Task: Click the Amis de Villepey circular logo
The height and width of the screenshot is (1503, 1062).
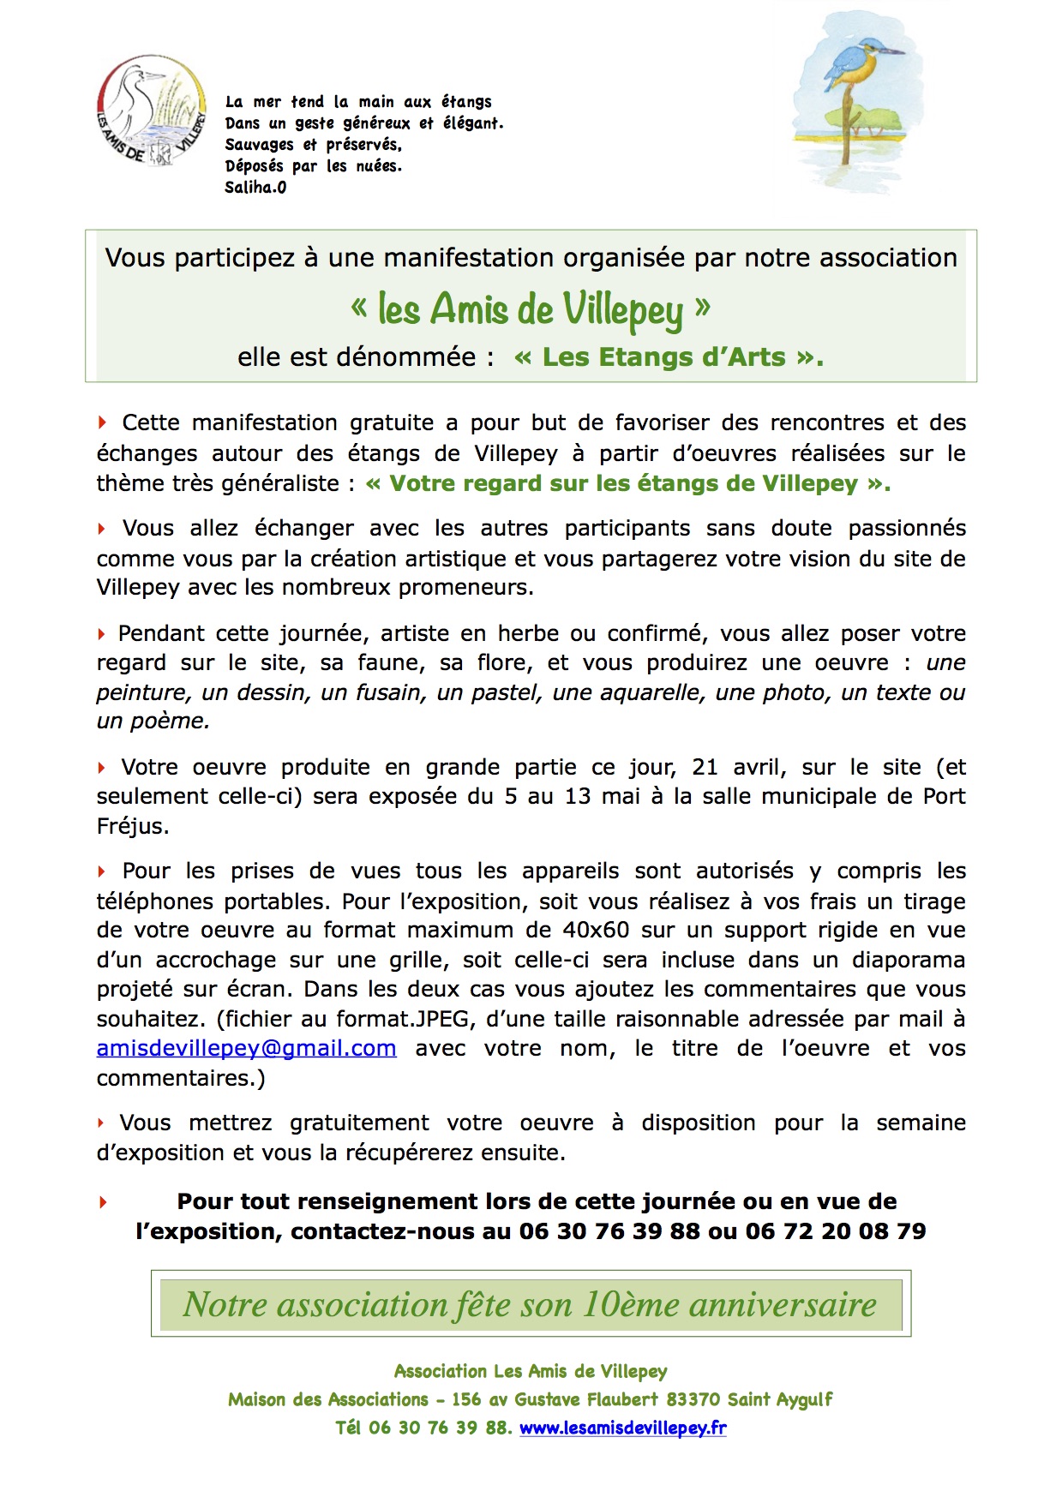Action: (152, 111)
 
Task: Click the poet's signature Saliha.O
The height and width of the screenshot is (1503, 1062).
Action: (255, 188)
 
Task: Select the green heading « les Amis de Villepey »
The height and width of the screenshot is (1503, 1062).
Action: (531, 309)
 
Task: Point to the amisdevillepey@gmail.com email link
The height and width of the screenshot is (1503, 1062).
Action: (246, 1048)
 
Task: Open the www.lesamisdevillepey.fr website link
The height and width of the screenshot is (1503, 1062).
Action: (623, 1428)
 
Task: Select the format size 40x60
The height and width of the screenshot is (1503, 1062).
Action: (596, 931)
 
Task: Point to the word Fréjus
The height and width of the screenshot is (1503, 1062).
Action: (132, 826)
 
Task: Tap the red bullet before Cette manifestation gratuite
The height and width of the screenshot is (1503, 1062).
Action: (103, 422)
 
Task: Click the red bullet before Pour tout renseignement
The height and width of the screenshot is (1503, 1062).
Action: (104, 1202)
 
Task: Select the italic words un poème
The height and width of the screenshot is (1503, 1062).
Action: (153, 722)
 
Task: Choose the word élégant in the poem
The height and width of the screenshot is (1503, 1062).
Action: (471, 123)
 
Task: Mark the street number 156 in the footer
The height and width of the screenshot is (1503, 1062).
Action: (466, 1399)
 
